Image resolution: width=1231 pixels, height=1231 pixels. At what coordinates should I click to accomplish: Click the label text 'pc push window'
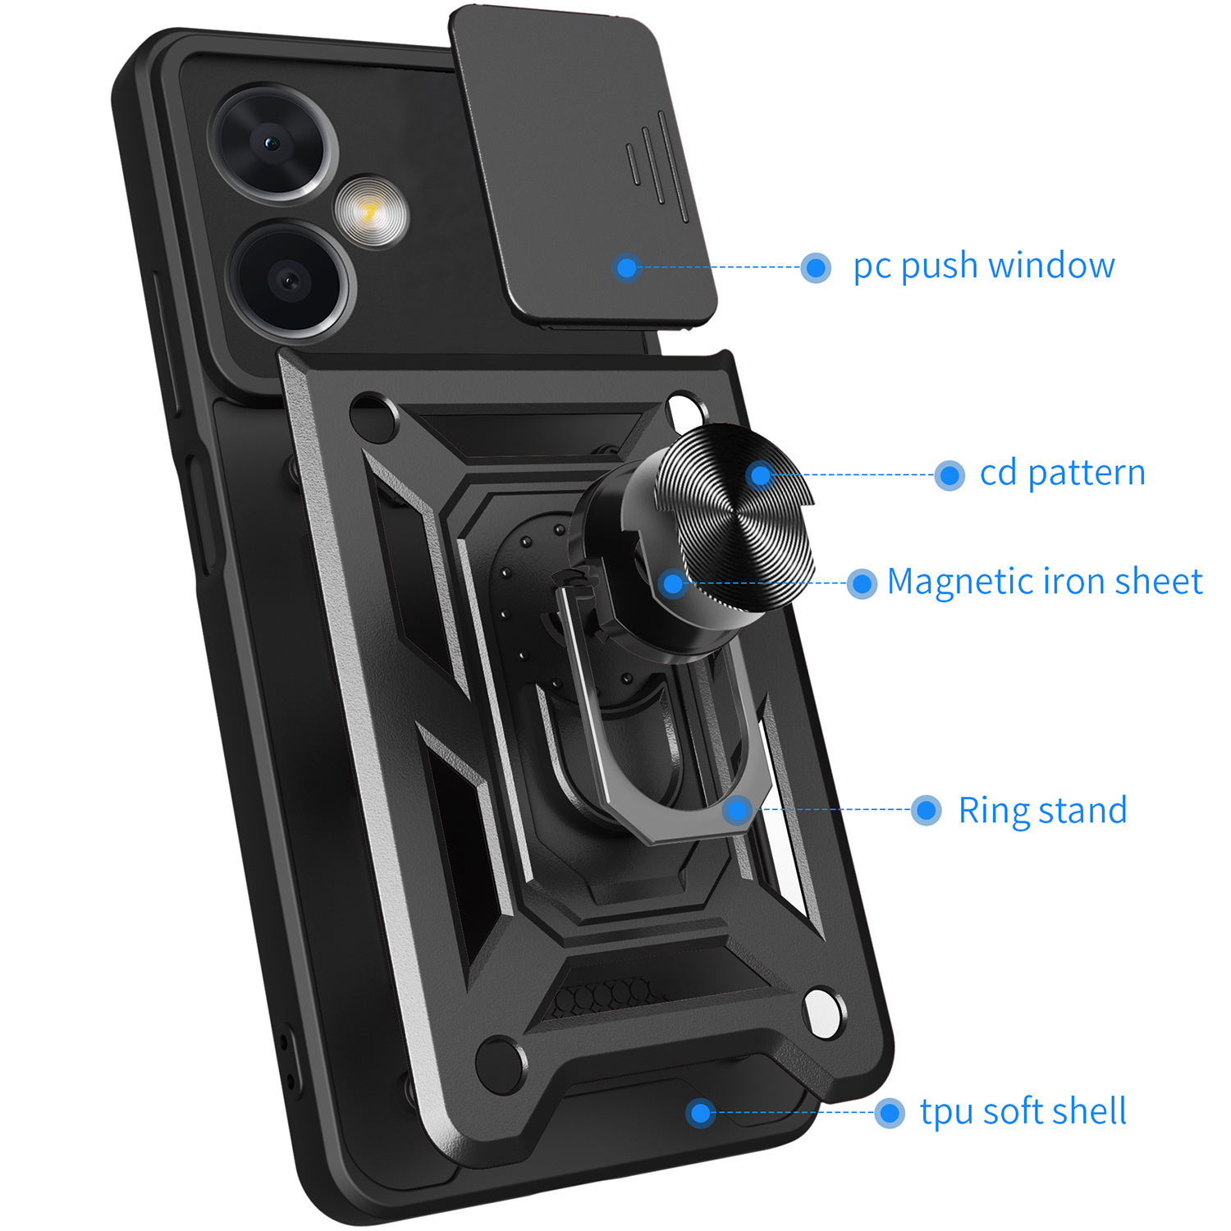(x=984, y=267)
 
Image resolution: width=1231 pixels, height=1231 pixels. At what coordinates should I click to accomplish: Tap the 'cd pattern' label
(x=1063, y=473)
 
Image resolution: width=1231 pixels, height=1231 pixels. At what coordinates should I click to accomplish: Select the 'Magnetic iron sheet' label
(x=1045, y=582)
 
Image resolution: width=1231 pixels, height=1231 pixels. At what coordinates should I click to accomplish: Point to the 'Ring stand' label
(x=1042, y=811)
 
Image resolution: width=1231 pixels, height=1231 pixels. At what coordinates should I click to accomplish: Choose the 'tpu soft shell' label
(x=1023, y=1112)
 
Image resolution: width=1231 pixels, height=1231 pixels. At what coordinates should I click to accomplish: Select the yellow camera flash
(x=370, y=212)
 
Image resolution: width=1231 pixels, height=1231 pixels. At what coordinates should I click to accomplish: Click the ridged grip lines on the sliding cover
(x=657, y=167)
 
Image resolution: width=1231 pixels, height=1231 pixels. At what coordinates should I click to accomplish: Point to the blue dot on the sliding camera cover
(x=627, y=268)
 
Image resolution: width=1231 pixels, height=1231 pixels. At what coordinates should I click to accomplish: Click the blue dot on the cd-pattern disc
(x=761, y=474)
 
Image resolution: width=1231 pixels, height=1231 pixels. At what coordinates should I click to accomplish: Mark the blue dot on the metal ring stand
(x=738, y=810)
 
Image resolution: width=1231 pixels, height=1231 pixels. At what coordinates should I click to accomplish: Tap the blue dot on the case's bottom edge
(x=700, y=1113)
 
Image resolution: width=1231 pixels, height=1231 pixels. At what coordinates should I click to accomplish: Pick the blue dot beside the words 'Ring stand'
(x=927, y=811)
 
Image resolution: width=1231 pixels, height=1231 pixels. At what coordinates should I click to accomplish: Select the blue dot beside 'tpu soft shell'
(x=890, y=1113)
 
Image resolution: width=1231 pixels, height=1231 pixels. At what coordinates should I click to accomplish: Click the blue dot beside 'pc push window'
(x=816, y=268)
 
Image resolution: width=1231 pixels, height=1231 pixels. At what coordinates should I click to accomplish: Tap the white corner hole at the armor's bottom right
(x=822, y=1012)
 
